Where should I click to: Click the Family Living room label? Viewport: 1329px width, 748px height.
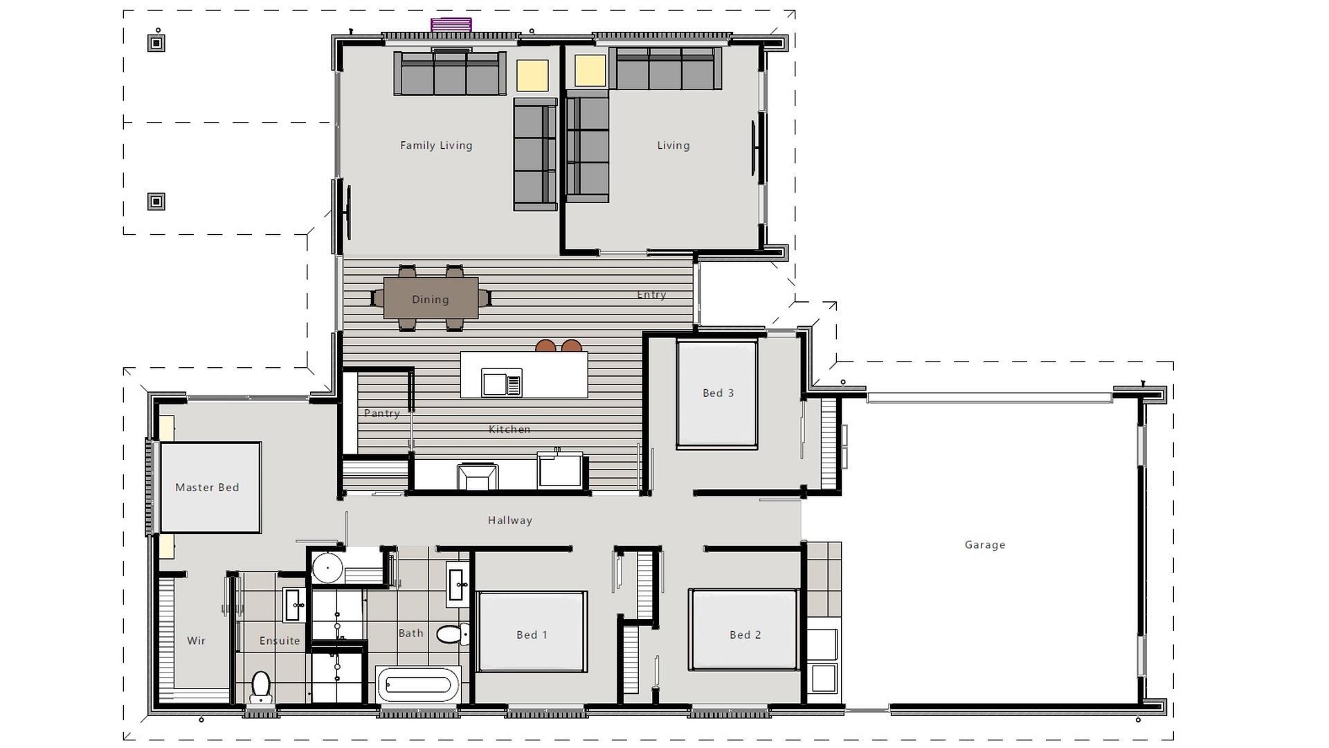(x=436, y=145)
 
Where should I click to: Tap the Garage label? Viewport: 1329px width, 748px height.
(x=985, y=545)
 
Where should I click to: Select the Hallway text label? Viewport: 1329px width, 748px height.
(x=509, y=521)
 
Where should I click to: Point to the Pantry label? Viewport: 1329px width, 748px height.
(x=381, y=413)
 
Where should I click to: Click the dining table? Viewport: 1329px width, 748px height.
(x=431, y=299)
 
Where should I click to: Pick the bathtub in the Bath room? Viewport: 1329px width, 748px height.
(x=418, y=685)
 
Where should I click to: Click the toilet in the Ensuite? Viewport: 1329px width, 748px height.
(x=261, y=687)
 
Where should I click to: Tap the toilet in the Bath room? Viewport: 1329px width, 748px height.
(x=453, y=634)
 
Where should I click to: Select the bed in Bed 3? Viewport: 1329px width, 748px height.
(x=717, y=394)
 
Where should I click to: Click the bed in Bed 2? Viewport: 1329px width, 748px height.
(x=744, y=630)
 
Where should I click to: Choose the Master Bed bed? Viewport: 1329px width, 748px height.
(x=210, y=488)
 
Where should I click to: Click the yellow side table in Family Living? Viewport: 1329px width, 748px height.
(x=532, y=75)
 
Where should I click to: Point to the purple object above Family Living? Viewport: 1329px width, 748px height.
(x=451, y=25)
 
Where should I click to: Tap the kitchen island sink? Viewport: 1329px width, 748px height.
(x=502, y=383)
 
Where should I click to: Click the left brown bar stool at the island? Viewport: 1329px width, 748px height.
(x=545, y=346)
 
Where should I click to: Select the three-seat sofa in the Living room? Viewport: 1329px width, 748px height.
(x=665, y=69)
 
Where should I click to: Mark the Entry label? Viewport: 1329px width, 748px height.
(x=651, y=295)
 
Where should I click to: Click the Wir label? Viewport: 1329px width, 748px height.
(x=196, y=641)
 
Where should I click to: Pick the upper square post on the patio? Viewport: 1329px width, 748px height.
(x=156, y=44)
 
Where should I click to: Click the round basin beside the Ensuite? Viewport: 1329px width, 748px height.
(x=327, y=568)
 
